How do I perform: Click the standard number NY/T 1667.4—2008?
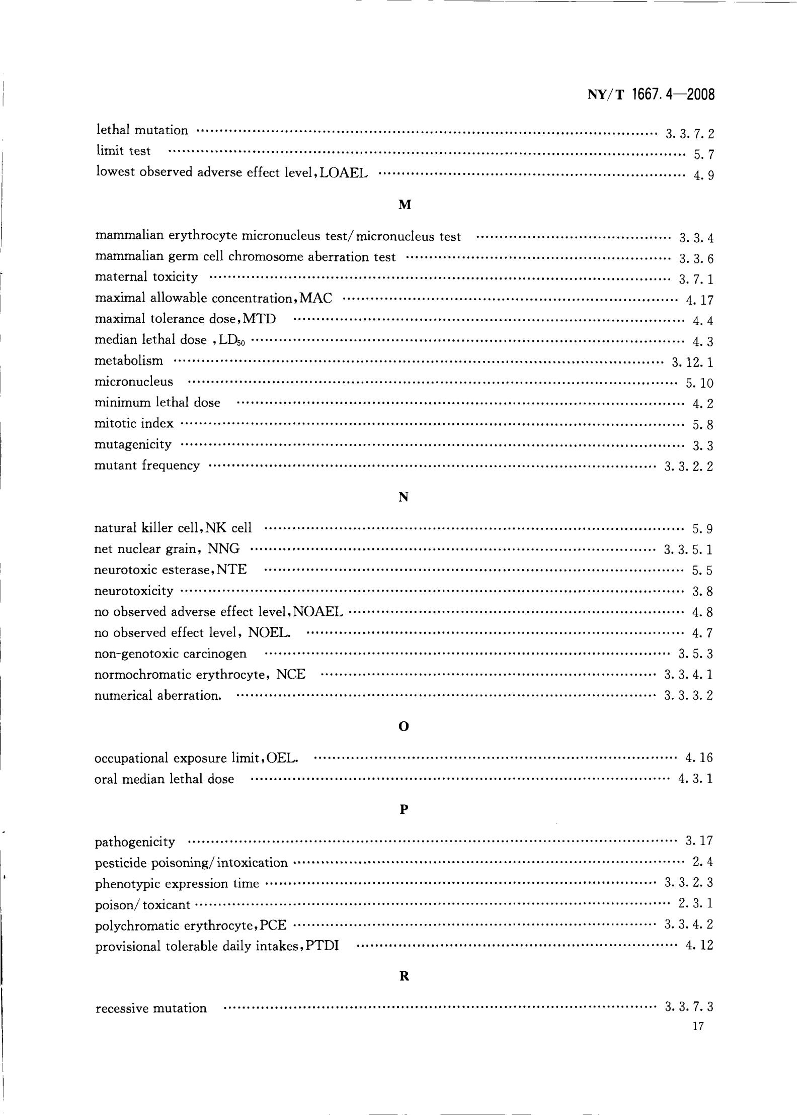(x=651, y=95)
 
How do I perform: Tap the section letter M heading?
(x=405, y=205)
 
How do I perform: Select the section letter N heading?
(x=403, y=497)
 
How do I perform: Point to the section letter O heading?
(x=403, y=726)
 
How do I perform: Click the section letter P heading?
(x=403, y=809)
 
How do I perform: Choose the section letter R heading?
(x=403, y=976)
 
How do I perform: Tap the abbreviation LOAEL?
(x=344, y=173)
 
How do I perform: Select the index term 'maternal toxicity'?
(x=146, y=277)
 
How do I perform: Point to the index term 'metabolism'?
(x=129, y=360)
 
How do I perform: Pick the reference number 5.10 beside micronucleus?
(x=699, y=383)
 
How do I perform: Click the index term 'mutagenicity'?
(x=133, y=444)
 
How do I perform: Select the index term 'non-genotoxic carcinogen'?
(x=171, y=654)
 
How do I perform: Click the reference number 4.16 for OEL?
(x=699, y=758)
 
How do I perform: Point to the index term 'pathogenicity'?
(x=135, y=842)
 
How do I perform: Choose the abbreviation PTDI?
(x=322, y=946)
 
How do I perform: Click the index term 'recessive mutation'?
(x=151, y=1008)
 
